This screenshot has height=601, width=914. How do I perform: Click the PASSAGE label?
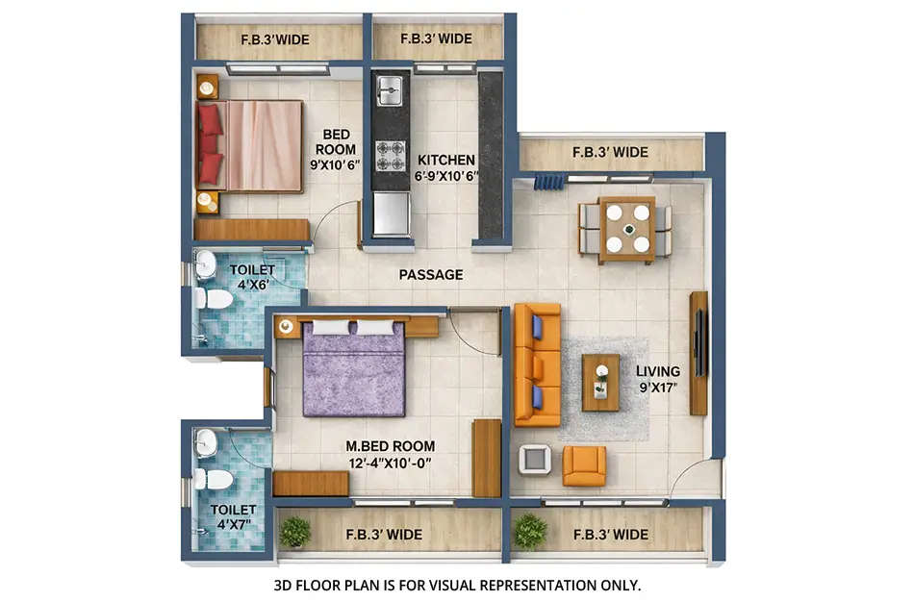[431, 275]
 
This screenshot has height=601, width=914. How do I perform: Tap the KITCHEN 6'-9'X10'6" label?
[444, 167]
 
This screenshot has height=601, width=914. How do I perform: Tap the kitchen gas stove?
[390, 154]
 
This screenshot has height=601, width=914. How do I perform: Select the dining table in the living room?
[626, 229]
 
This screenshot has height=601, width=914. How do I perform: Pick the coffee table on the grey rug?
[600, 382]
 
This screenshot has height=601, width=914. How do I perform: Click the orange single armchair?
[584, 465]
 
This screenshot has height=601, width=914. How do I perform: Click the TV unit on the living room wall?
[699, 353]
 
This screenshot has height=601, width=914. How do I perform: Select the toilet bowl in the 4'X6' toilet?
[216, 299]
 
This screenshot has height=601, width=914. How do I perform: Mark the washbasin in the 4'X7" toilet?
[206, 443]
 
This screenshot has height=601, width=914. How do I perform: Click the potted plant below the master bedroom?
[295, 531]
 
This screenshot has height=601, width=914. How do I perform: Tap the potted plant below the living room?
[529, 531]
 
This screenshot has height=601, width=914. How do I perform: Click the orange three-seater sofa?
[537, 364]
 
